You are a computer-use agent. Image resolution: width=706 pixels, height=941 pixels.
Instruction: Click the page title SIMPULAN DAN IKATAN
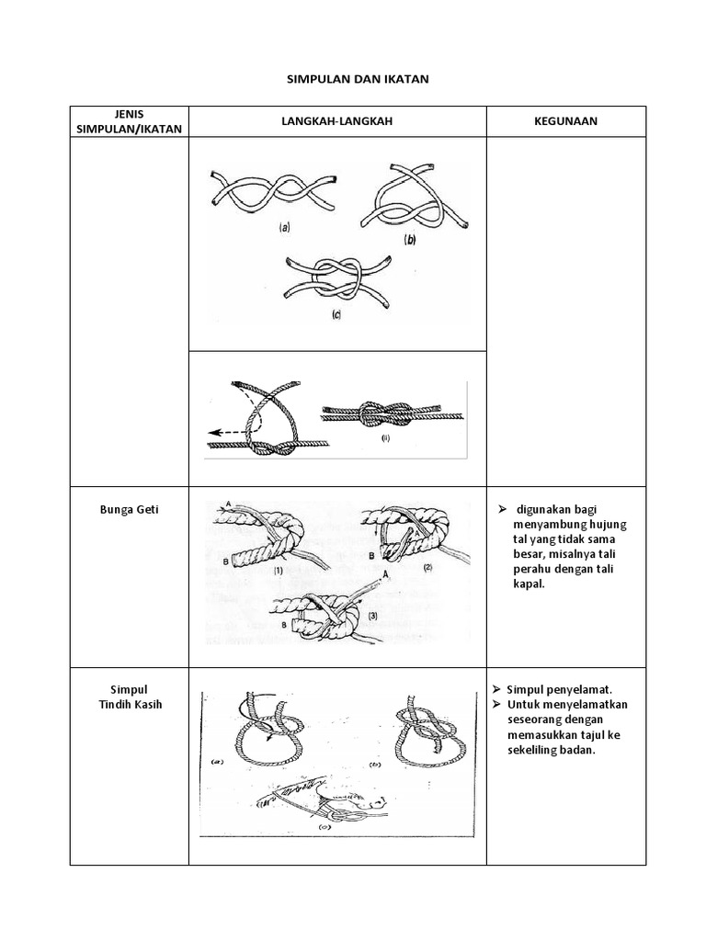pos(354,80)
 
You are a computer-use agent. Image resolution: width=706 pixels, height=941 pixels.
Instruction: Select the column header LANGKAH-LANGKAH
pos(336,121)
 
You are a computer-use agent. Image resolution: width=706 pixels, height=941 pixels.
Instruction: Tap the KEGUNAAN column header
pos(565,121)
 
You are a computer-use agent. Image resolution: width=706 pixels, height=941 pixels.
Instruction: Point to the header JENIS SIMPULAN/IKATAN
pos(129,121)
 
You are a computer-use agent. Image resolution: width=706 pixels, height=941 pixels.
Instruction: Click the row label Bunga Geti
pos(130,509)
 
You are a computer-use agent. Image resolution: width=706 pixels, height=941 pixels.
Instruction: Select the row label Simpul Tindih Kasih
pos(130,697)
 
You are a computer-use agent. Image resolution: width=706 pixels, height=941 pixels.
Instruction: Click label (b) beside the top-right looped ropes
pos(410,239)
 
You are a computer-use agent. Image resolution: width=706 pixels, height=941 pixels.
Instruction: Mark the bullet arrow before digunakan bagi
pos(503,509)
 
